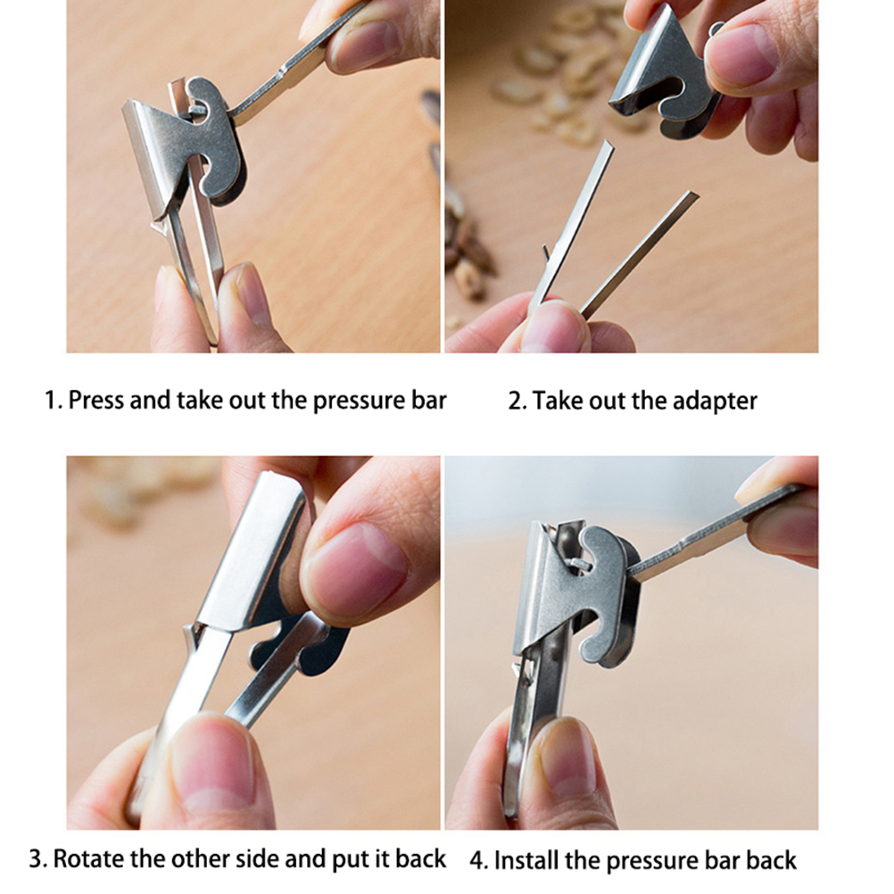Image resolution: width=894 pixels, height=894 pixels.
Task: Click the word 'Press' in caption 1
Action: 95,401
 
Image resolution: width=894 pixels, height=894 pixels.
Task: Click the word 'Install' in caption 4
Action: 526,860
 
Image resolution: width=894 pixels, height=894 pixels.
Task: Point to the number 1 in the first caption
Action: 52,401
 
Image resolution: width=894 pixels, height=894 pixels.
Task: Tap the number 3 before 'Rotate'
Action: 37,858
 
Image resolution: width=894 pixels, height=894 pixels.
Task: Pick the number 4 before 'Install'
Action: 478,860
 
